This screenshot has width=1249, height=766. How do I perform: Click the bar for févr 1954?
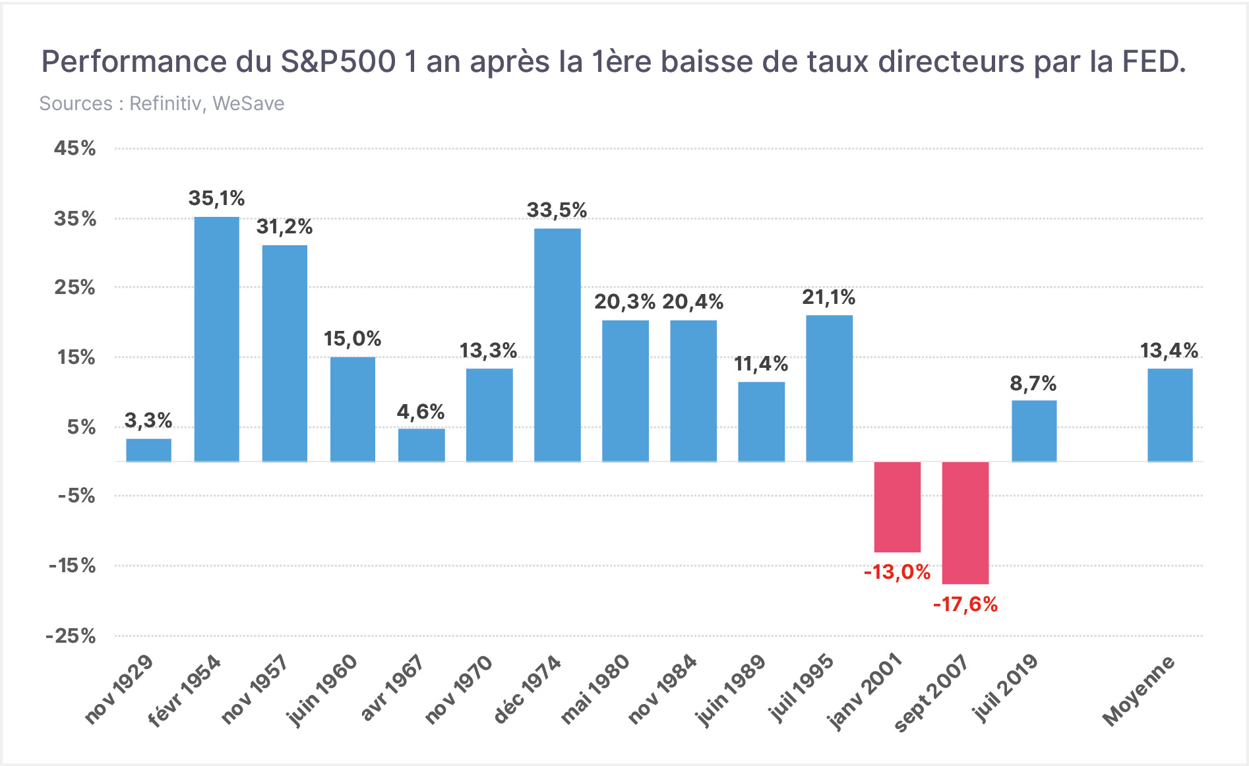coord(217,339)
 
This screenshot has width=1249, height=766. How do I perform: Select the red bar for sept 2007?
coord(965,523)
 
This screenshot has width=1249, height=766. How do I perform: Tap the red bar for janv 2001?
coord(898,507)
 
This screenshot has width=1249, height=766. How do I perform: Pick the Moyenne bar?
coord(1170,415)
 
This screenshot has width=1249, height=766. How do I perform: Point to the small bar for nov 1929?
coord(149,450)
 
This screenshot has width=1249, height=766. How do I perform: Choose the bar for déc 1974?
coord(557,345)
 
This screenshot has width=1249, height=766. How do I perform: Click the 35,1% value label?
coord(216,198)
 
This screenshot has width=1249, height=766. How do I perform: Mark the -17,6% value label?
coord(965,604)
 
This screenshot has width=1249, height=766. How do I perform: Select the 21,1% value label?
coord(829,297)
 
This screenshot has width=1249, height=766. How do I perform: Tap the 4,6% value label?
coord(421,412)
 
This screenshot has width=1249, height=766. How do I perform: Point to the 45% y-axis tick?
coord(75,148)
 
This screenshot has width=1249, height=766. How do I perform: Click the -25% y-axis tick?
coord(71,636)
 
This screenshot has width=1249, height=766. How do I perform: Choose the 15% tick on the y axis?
coord(76,357)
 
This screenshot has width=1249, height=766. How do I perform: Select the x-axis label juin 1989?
coord(731,690)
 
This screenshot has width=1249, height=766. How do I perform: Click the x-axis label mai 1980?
coord(595,689)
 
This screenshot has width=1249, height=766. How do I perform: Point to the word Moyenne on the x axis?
coord(1139,690)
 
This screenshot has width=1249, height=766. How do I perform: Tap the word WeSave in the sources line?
coord(249,103)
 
